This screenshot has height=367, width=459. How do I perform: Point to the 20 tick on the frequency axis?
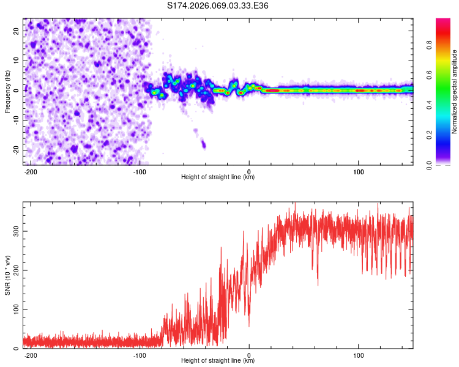coord(17,31)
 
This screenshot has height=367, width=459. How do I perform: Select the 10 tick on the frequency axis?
coord(17,61)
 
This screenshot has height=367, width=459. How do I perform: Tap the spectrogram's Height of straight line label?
coord(218,177)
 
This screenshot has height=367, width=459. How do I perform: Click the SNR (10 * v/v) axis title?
coord(7,275)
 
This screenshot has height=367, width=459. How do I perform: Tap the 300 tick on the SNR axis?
coord(14,231)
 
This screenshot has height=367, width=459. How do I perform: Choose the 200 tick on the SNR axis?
coord(14,270)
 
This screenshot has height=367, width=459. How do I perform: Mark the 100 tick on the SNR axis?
coord(14,310)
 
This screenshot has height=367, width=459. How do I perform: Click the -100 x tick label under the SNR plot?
coord(140,355)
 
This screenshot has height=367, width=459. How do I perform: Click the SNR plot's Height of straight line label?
coord(218,361)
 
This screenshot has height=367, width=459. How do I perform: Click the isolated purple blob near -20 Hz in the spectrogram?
coord(203,145)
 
